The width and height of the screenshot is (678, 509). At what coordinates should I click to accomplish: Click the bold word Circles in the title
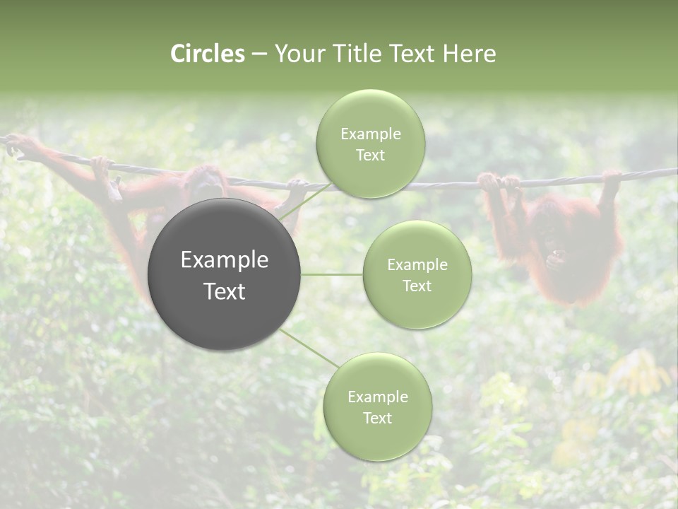click(208, 54)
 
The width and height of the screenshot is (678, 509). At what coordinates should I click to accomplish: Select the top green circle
click(370, 144)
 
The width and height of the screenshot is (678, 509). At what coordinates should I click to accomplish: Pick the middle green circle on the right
click(417, 274)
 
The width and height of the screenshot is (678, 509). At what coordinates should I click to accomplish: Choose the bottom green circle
click(377, 406)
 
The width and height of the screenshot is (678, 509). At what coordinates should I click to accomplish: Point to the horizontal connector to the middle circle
click(332, 274)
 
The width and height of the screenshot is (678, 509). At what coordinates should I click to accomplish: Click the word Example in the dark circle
click(225, 260)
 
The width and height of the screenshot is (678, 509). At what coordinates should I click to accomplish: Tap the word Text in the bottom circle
click(377, 418)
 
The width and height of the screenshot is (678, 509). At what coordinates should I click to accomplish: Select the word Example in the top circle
click(370, 134)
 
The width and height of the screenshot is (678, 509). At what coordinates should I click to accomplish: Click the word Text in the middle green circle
click(417, 286)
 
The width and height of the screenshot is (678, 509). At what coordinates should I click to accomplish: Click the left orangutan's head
click(205, 180)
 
